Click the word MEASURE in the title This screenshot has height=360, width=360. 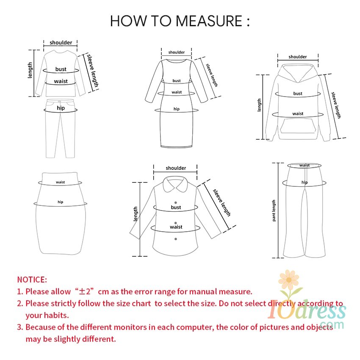[x=209, y=21]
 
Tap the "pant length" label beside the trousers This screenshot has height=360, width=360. [x=274, y=210]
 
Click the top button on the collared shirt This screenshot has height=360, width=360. [x=176, y=202]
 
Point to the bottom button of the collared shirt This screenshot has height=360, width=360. [x=176, y=239]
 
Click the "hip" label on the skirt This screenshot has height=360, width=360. [x=61, y=202]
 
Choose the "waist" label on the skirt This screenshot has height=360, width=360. [x=61, y=182]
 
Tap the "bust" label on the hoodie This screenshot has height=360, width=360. [x=298, y=94]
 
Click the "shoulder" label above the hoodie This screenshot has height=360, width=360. [x=298, y=57]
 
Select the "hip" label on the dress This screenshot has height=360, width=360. [x=176, y=109]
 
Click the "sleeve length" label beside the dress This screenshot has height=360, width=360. [x=212, y=75]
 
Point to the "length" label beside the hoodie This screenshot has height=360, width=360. [x=259, y=105]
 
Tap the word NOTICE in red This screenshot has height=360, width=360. [x=32, y=280]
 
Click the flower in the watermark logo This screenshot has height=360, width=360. [x=289, y=280]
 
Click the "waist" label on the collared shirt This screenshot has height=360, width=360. [x=176, y=227]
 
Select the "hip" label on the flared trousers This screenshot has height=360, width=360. [x=305, y=182]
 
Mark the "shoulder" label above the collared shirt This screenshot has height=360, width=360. [x=176, y=168]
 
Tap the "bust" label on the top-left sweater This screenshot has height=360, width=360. [x=61, y=69]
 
